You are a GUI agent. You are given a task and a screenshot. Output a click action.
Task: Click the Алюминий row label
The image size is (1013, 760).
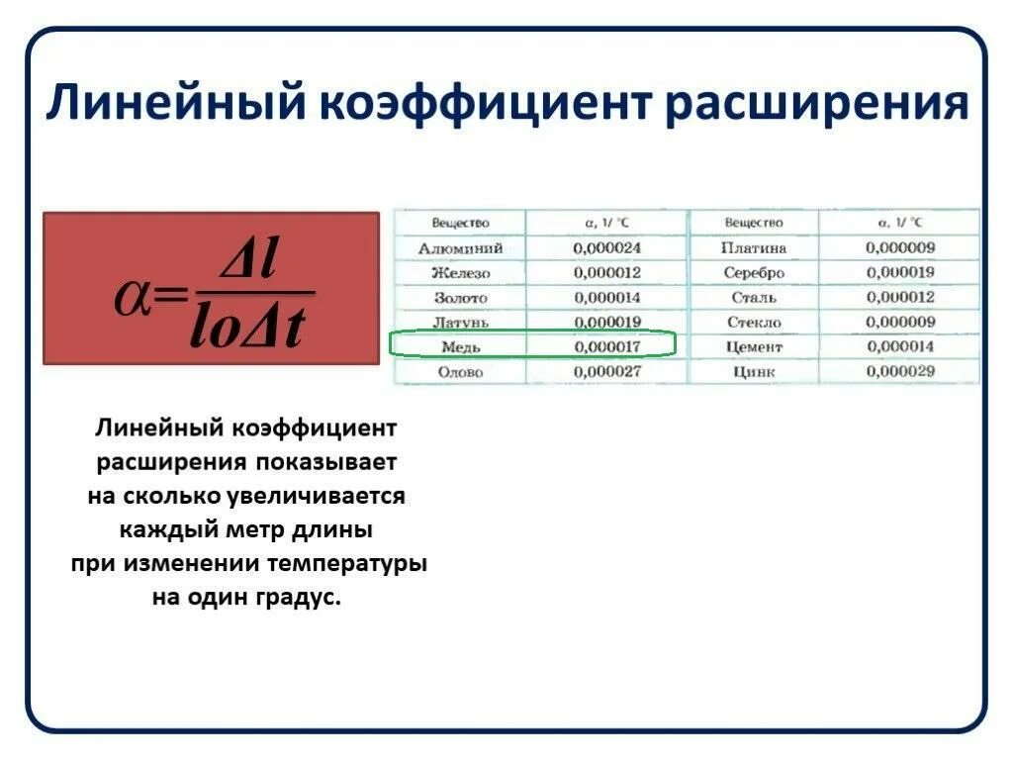click(x=460, y=248)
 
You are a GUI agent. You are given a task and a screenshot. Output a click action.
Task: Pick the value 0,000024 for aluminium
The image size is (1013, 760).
click(x=606, y=248)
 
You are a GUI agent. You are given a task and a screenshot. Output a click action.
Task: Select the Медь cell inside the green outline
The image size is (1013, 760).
click(x=460, y=346)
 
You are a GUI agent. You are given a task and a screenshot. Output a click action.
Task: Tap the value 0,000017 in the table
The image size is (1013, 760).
click(x=606, y=346)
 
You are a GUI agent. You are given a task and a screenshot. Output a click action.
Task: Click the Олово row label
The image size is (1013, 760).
click(x=460, y=371)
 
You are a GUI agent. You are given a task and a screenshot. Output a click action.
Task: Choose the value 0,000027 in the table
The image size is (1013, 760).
click(x=606, y=371)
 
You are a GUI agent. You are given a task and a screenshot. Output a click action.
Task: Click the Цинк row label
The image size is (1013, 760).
click(x=754, y=372)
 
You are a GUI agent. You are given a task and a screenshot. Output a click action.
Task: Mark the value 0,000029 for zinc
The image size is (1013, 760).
click(x=900, y=371)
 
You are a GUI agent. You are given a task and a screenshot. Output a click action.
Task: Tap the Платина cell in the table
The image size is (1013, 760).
click(x=754, y=248)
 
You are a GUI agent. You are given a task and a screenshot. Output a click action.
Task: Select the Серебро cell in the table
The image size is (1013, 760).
click(x=754, y=273)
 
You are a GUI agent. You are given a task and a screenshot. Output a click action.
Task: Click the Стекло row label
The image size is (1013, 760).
click(x=754, y=323)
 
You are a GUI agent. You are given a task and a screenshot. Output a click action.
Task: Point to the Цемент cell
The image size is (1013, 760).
click(x=754, y=347)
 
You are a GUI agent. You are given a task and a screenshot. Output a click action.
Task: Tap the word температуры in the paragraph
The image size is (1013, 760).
click(x=347, y=564)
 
